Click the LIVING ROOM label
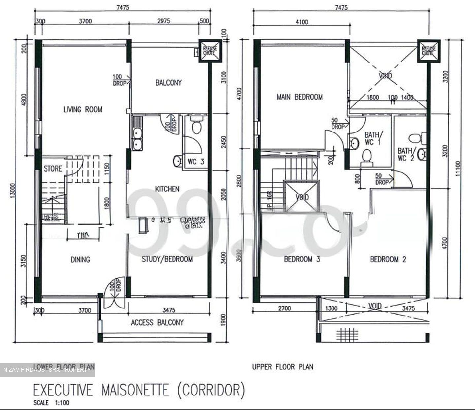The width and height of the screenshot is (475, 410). tap(83, 109)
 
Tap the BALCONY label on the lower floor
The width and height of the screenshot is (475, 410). tap(169, 82)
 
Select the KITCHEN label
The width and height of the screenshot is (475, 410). tap(167, 189)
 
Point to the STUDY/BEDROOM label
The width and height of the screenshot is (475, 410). tap(167, 259)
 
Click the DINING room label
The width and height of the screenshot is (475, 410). tap(80, 260)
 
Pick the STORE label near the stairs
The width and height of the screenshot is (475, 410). tap(53, 169)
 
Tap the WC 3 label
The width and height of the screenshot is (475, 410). tap(196, 161)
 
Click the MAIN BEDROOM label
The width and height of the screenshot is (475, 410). tap(300, 97)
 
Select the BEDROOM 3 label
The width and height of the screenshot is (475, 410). tap(302, 259)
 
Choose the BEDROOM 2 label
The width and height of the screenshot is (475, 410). tap(388, 259)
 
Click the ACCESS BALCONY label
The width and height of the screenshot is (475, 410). tap(157, 322)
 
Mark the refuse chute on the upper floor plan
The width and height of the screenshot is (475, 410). tap(428, 51)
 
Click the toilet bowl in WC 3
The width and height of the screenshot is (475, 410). tap(196, 127)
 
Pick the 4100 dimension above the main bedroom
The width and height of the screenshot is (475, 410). tap(302, 22)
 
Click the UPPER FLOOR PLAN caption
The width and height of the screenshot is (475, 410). tap(283, 366)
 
